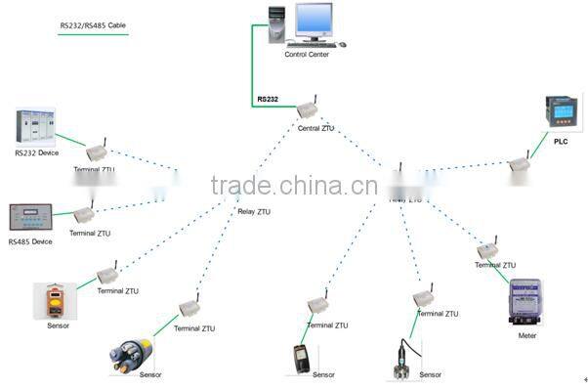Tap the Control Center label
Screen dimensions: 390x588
coord(306,55)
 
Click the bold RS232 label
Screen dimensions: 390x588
coord(269,100)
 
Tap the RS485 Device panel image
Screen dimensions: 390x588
coord(31,217)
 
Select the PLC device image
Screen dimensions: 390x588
coord(561,114)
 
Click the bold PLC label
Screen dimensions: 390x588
coord(560,142)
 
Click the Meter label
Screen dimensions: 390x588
coord(527,335)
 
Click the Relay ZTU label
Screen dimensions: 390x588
coord(254,211)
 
